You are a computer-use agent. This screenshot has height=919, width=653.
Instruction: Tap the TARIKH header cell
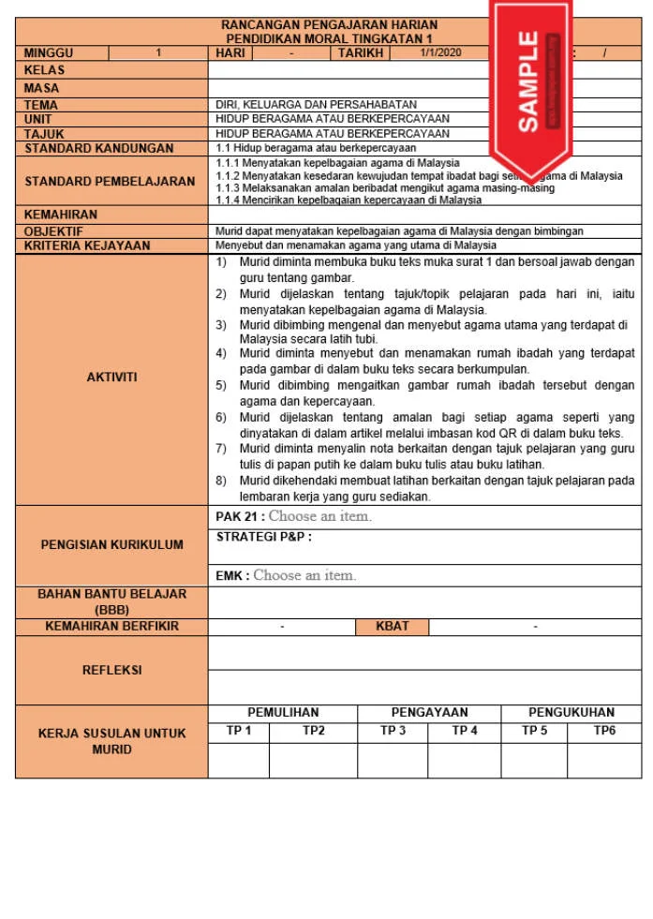(362, 53)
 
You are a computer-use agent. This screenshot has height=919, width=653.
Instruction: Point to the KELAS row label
(45, 70)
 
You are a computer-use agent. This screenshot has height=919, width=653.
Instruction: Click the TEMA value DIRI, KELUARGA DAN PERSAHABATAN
(316, 105)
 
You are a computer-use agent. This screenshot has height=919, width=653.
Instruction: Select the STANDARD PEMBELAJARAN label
(111, 181)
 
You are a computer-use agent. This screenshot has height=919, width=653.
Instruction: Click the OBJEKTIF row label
(53, 230)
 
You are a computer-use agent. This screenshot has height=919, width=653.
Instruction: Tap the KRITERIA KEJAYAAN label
(87, 245)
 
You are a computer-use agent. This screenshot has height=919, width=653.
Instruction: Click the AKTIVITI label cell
(111, 377)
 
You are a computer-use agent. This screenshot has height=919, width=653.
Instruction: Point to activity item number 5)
(221, 385)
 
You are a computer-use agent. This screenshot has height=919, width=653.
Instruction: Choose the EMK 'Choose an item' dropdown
(304, 575)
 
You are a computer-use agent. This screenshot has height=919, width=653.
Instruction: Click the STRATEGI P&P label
(263, 537)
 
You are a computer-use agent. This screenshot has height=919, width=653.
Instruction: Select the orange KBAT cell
(392, 626)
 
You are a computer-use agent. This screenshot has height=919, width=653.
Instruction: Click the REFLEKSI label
(111, 670)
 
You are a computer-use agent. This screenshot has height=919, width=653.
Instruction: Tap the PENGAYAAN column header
(429, 712)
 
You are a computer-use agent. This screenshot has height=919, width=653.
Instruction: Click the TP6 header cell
(604, 731)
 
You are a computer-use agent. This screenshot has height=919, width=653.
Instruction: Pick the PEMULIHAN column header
(283, 712)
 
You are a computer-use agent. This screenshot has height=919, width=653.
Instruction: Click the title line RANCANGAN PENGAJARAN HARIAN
(329, 24)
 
